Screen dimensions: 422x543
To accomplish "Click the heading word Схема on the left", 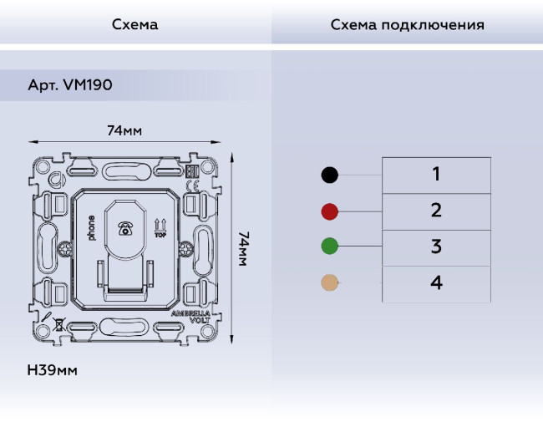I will coord(134,24).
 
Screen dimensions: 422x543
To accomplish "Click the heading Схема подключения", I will coord(407,24).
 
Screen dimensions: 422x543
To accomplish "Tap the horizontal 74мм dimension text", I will coord(124,131).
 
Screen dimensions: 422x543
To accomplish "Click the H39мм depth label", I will coord(52,369).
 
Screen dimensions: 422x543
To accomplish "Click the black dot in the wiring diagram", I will coord(330,175).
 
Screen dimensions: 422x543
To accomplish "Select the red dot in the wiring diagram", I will coord(330,211).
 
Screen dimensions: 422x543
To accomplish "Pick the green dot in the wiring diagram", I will coord(330,247).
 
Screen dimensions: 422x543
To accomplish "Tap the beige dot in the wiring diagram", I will coord(330,283).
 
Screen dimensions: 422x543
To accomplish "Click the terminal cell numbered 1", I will coord(436,175).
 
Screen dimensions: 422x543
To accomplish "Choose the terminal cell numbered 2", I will coord(436,211).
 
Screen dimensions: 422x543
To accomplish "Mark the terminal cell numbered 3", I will coord(436,247).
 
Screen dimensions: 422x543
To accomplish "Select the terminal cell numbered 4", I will coord(436,283).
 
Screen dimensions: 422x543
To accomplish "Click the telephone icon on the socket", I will coord(126,227).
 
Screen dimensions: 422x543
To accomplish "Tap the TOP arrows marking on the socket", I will coord(161,226).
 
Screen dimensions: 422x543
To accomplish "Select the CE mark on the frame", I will coord(191,187).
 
